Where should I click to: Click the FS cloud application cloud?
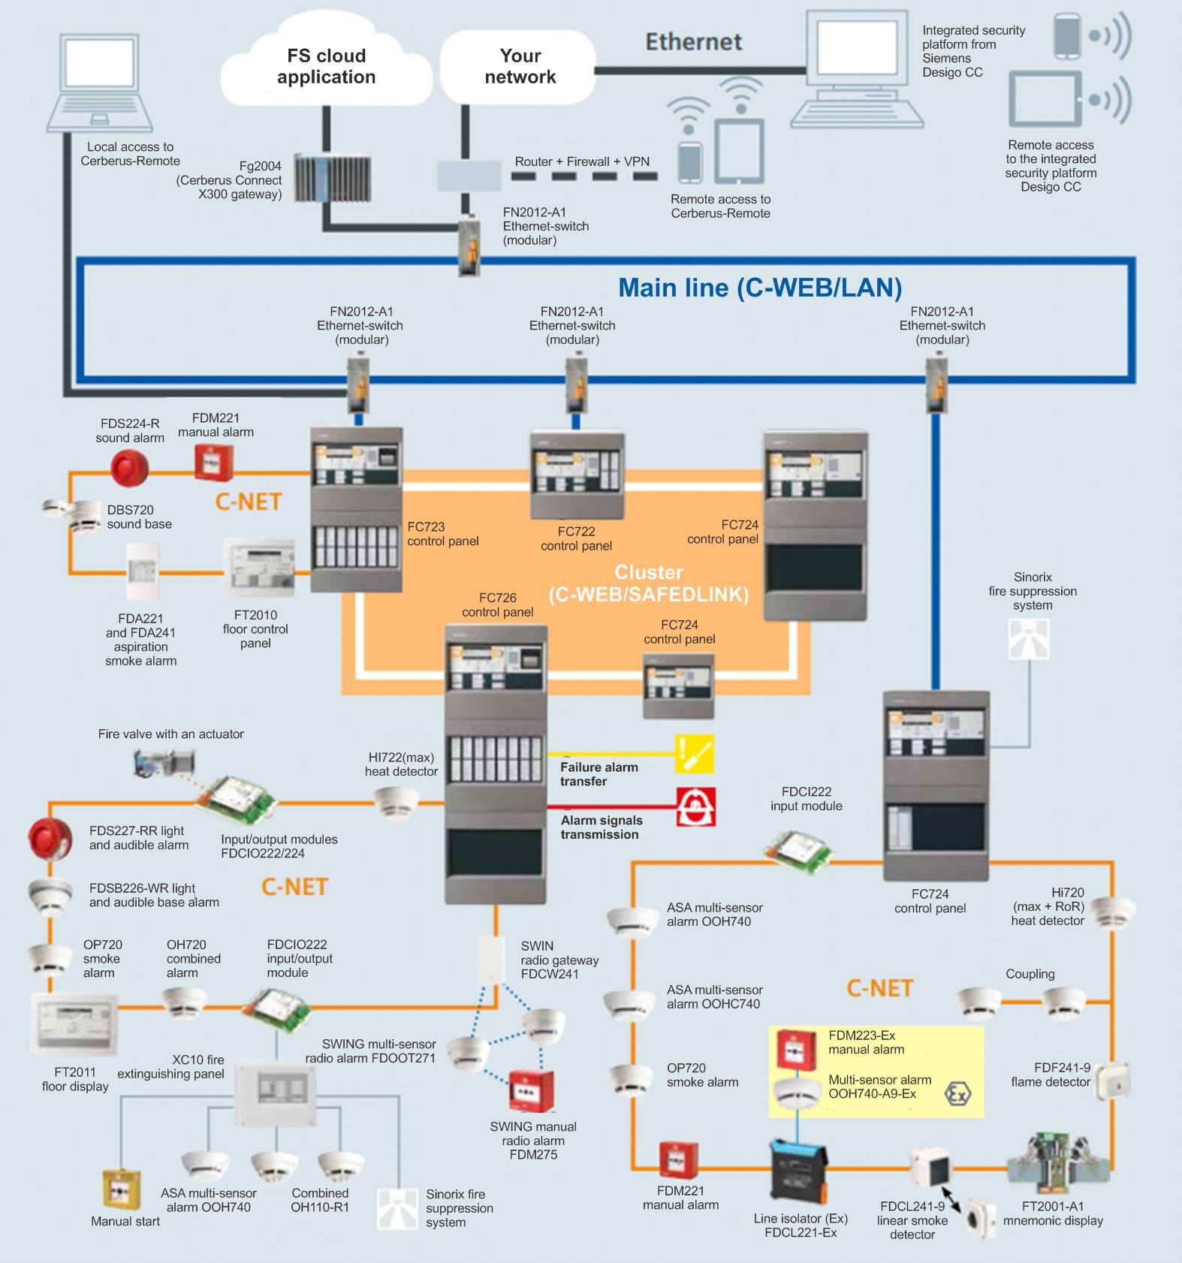[x=326, y=66]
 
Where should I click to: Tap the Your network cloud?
[x=520, y=66]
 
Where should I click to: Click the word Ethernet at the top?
[x=693, y=42]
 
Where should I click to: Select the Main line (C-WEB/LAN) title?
[x=759, y=288]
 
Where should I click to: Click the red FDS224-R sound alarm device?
[x=129, y=468]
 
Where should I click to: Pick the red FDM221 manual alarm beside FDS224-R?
[x=214, y=462]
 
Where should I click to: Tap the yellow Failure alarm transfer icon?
[x=694, y=754]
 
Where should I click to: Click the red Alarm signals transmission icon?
[x=695, y=807]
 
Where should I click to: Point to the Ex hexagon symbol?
[x=957, y=1093]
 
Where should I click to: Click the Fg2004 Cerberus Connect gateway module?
[x=332, y=178]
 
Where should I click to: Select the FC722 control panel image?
[x=576, y=475]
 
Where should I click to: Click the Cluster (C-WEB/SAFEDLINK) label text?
[x=648, y=583]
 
